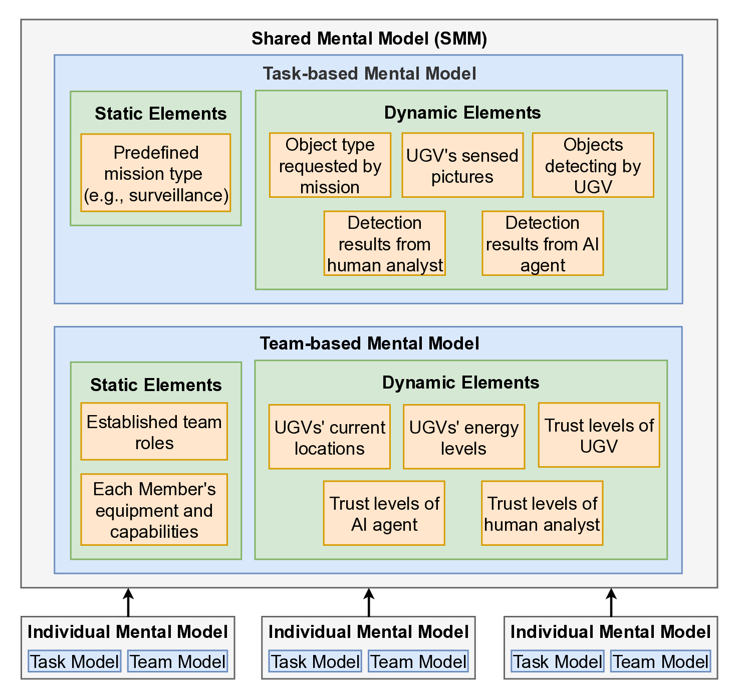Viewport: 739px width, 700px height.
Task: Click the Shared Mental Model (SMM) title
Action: point(369,39)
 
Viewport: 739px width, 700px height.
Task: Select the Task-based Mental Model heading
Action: point(369,74)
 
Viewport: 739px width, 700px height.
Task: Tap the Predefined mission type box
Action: point(155,173)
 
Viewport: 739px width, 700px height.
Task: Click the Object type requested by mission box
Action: point(330,165)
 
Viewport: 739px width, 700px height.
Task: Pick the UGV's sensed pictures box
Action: point(462,165)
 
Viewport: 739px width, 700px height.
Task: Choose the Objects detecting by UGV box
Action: point(593,165)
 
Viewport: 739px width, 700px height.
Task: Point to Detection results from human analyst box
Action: point(384,243)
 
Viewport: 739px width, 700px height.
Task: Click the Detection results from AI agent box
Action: point(542,243)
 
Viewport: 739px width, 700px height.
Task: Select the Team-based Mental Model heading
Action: point(369,343)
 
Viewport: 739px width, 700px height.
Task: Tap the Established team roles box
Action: point(154,432)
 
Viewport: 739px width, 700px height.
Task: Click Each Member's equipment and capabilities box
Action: point(154,510)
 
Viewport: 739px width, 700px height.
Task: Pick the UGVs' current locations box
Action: point(329,437)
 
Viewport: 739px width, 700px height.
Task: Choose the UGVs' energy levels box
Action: point(463,437)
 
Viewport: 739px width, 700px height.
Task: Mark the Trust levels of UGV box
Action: point(599,435)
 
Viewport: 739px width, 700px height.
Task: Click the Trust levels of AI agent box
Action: point(384,513)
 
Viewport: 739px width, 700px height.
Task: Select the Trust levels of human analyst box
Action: point(542,513)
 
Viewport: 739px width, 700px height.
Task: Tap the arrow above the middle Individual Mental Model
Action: point(369,602)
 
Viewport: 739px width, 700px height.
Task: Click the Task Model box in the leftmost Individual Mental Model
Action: point(74,661)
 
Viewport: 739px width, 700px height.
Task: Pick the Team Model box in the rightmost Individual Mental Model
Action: point(660,661)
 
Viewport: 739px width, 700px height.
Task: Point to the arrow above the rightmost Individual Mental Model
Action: point(611,602)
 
